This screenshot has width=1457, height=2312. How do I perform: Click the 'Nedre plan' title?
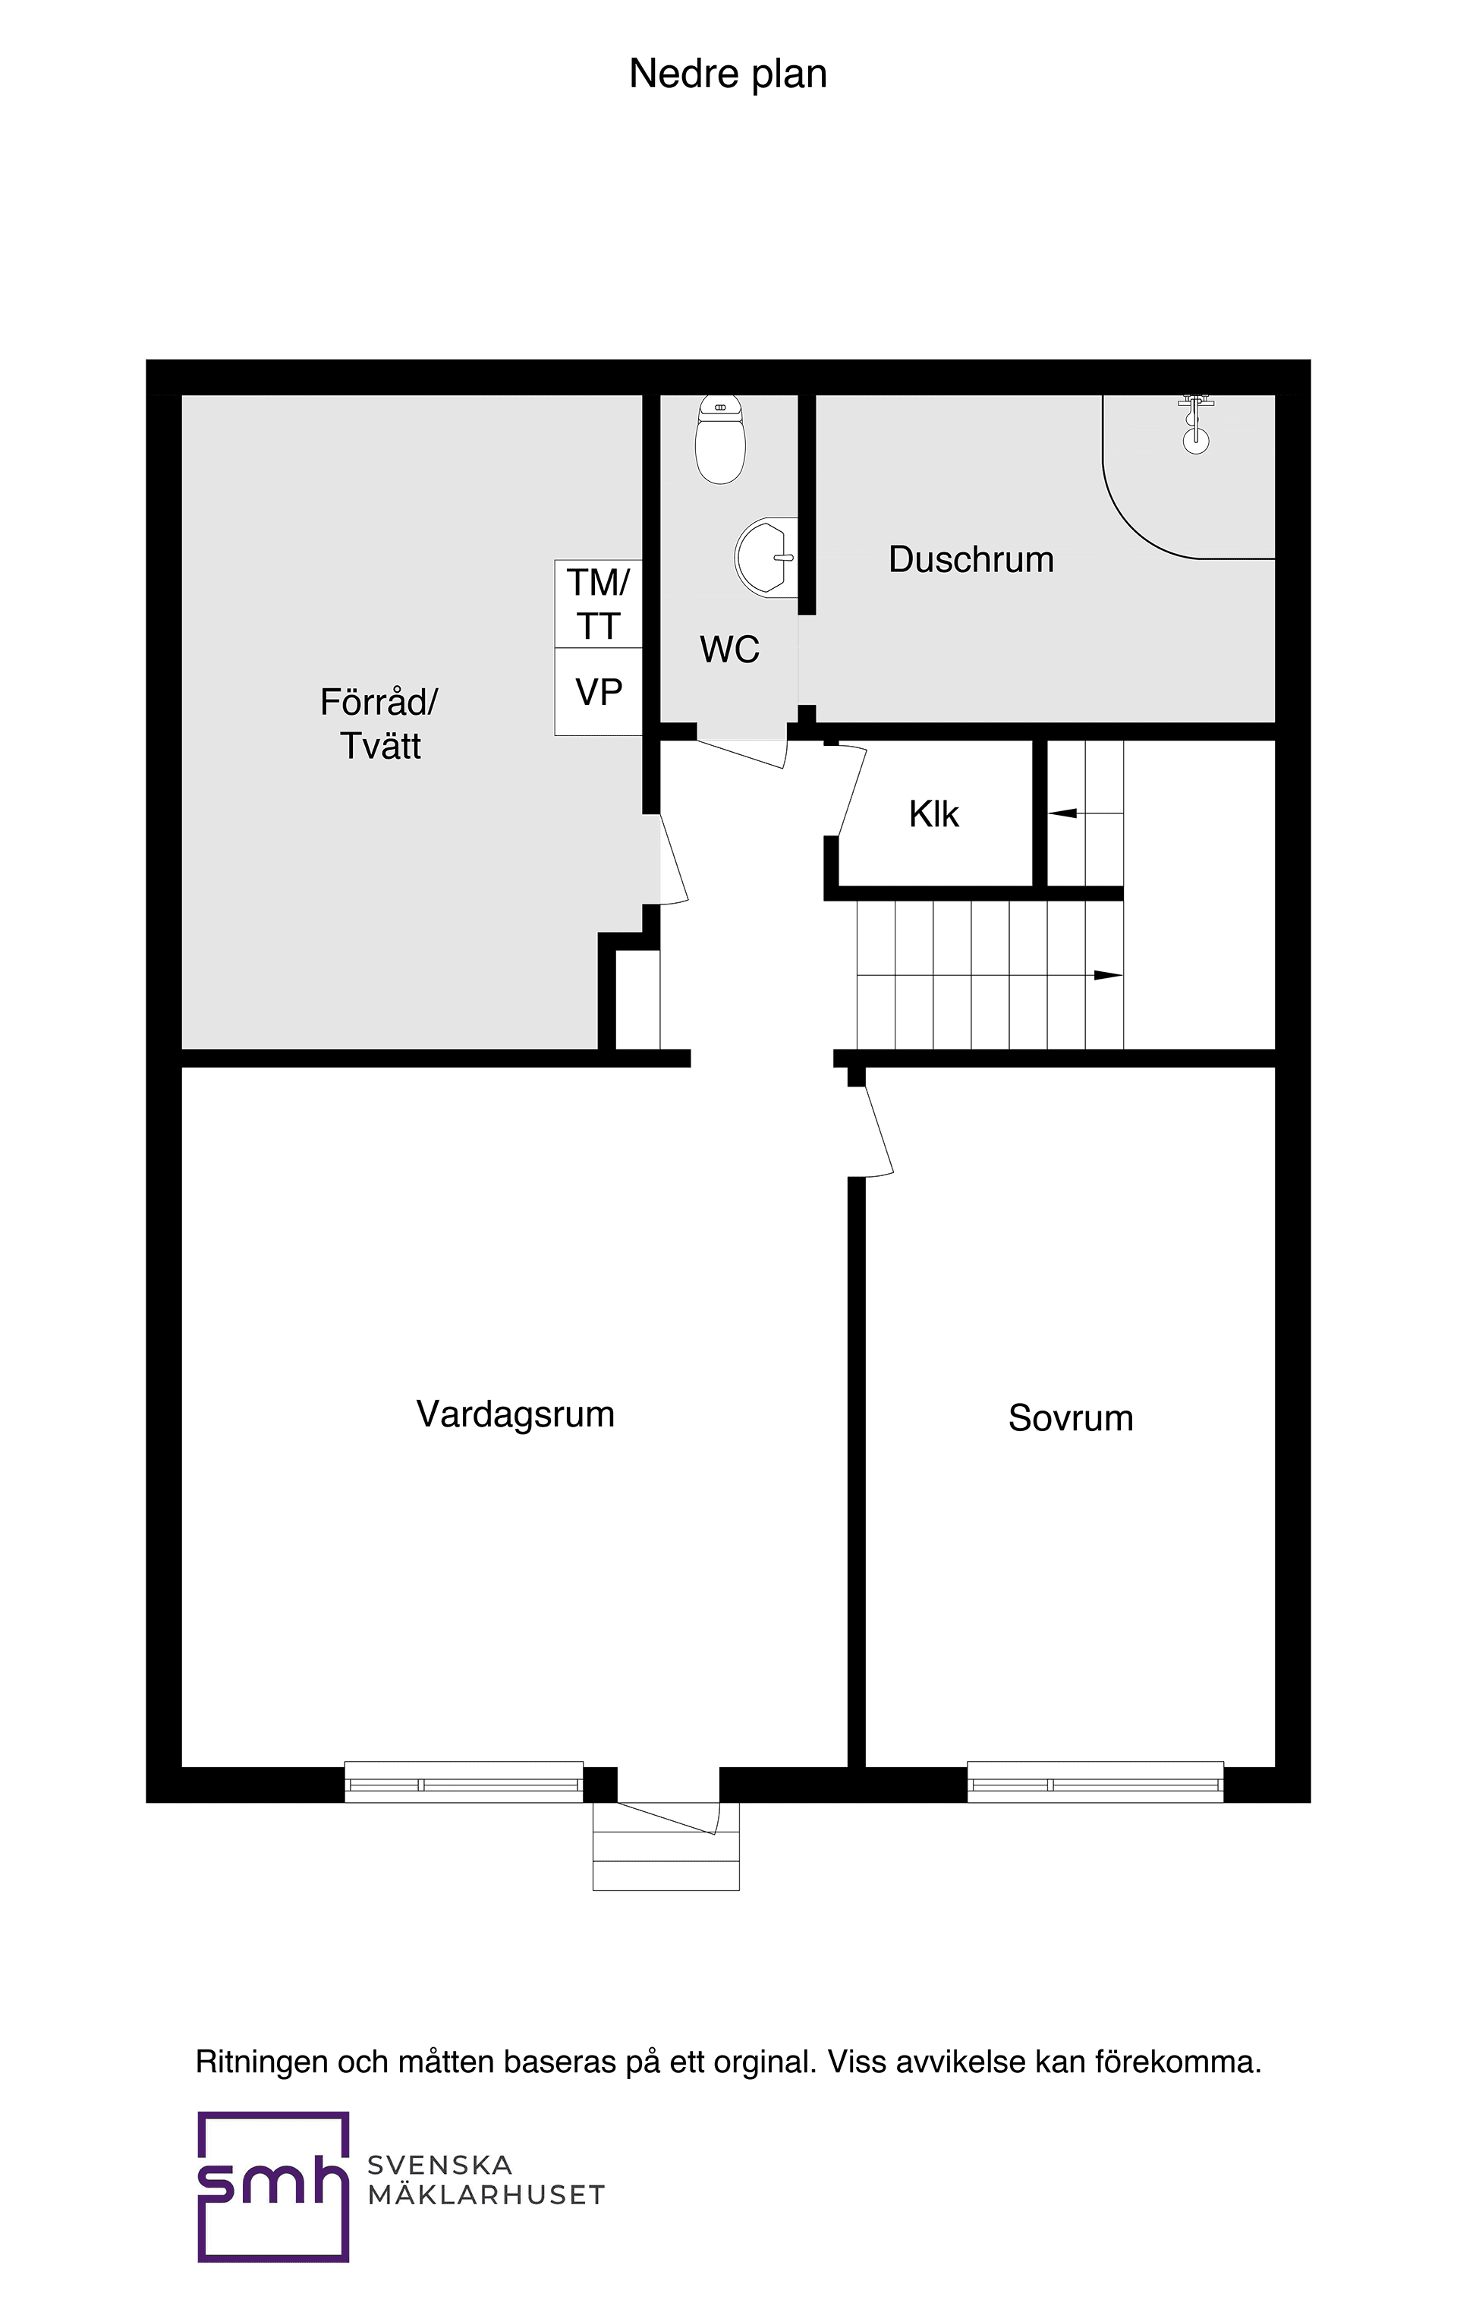[727, 74]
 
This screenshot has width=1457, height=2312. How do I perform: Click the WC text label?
[729, 650]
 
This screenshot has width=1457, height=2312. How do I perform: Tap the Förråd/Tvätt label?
[379, 724]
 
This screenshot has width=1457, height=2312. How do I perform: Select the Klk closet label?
[933, 814]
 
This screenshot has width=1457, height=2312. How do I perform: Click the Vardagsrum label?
[515, 1414]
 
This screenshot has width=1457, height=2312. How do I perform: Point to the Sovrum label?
[1070, 1418]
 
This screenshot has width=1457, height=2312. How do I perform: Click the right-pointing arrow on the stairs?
[1107, 976]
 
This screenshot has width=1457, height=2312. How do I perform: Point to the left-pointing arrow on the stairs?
[1062, 813]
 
